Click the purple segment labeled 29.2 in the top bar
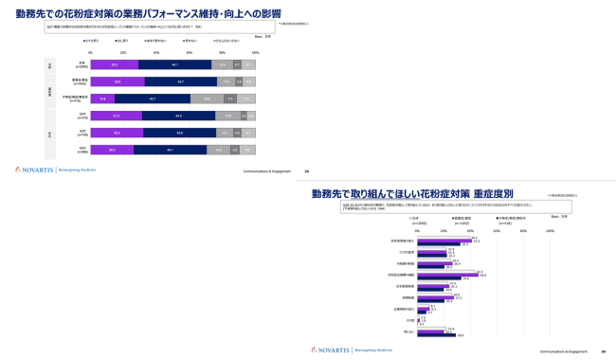click(x=114, y=64)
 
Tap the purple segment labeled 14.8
click(x=102, y=99)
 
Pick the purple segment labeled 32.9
click(x=117, y=81)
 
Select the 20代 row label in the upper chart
click(x=82, y=116)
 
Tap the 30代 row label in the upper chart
click(x=82, y=133)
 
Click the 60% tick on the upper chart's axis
click(x=190, y=53)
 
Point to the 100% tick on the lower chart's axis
click(x=550, y=230)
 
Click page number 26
click(x=306, y=171)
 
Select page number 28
click(x=603, y=351)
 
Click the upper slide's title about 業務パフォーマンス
click(x=148, y=14)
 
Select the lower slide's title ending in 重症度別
click(x=412, y=193)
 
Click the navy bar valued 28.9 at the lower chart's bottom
click(x=437, y=335)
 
